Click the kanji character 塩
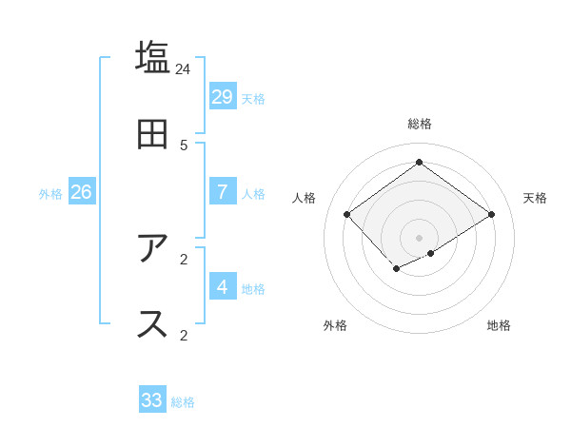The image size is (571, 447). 153,58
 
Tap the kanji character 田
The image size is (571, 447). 153,134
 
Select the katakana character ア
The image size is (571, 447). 153,248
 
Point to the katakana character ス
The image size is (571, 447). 153,323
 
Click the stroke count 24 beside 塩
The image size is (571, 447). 184,69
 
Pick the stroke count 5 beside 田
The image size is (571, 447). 184,146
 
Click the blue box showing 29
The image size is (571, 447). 222,97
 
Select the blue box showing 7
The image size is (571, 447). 222,192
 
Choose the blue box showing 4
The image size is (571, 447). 222,286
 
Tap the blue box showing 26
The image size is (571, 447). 81,192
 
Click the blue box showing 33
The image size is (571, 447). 152,400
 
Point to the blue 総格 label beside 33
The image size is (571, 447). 183,402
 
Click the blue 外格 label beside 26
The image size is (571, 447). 50,194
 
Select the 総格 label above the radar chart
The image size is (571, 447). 420,124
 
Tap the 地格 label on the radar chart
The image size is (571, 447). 499,325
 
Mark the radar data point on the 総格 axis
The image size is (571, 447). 419,162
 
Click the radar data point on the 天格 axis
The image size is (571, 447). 492,215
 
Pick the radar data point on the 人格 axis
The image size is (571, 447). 347,215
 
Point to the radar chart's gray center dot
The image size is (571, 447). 419,237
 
